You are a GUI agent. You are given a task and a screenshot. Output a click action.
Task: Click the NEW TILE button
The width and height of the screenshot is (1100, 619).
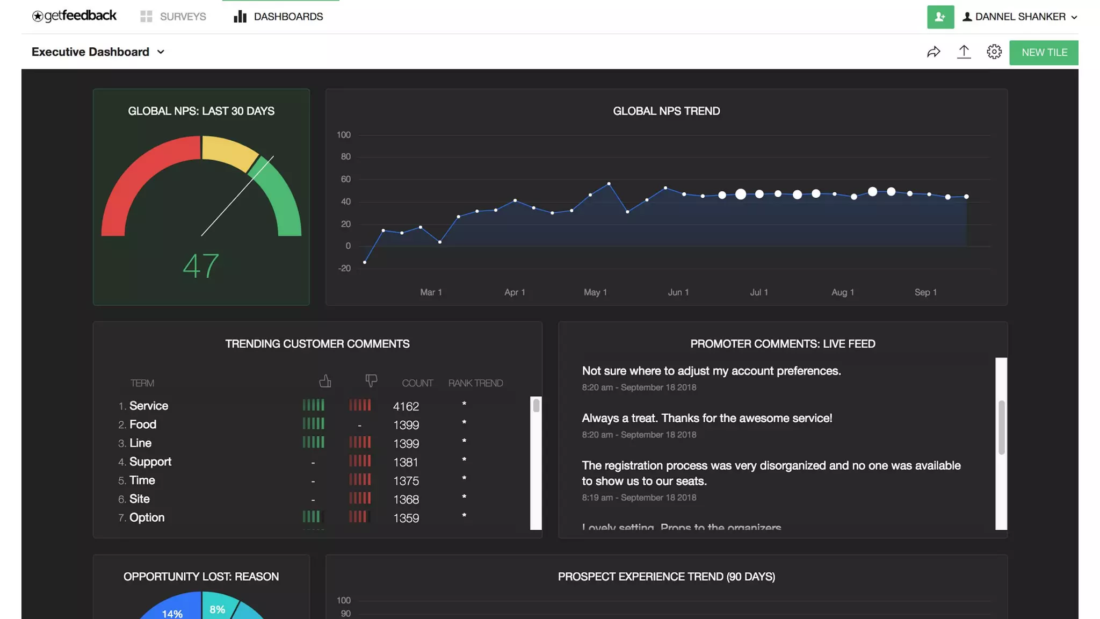click(1044, 53)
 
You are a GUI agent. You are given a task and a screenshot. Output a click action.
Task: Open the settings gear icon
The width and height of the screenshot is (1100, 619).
click(994, 52)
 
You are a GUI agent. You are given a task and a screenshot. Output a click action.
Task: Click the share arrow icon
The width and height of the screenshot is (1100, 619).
click(933, 52)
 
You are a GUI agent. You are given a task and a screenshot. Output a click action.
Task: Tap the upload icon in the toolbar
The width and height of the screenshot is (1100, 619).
click(964, 52)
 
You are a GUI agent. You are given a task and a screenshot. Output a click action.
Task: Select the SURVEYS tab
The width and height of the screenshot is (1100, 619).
click(173, 17)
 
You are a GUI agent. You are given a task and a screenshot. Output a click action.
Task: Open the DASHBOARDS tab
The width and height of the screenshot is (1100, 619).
click(278, 17)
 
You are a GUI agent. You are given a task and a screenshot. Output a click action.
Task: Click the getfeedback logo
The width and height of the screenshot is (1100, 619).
click(74, 16)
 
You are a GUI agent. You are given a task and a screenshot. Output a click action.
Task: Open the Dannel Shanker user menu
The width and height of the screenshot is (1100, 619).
click(1019, 17)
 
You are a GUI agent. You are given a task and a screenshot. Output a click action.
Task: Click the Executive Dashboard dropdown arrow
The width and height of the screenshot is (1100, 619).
click(161, 52)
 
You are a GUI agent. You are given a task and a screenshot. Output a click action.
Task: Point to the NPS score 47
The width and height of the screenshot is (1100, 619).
click(201, 265)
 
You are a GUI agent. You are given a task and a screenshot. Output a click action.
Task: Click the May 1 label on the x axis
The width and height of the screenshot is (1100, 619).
click(595, 292)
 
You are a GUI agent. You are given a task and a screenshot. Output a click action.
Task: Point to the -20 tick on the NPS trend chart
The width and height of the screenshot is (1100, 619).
click(344, 268)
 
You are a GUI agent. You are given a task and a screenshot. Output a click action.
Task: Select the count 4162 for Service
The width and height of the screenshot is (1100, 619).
click(406, 406)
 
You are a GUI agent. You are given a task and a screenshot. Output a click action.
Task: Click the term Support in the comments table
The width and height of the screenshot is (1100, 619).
click(150, 462)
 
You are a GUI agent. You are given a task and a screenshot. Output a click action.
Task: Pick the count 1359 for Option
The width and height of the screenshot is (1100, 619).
click(406, 518)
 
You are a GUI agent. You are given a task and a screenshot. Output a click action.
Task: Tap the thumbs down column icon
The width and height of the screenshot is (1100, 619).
click(371, 381)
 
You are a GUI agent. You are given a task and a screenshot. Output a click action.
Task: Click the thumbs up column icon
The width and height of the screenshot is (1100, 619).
click(325, 381)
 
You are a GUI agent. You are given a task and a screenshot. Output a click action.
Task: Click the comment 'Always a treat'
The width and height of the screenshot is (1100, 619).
click(706, 418)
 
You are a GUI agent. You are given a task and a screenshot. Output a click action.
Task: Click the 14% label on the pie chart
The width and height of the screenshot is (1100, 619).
click(172, 613)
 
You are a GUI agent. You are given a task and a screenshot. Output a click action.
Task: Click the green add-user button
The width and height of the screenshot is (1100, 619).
click(940, 17)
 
